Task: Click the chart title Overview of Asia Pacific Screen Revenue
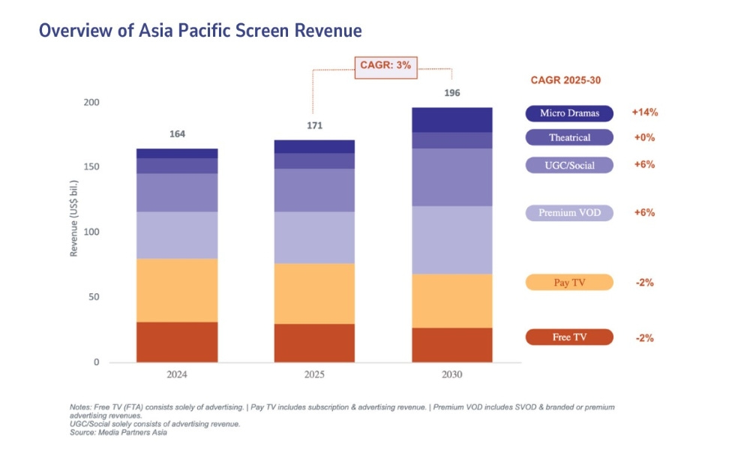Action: tap(200, 31)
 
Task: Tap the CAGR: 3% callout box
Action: tap(383, 65)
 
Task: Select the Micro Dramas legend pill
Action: tap(569, 113)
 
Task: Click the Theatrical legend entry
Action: tap(569, 137)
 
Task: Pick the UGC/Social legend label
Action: tap(569, 165)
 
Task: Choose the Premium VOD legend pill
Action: tap(569, 213)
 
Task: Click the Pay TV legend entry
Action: tap(569, 283)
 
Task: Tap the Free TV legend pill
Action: tap(569, 337)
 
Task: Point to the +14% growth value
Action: tap(644, 112)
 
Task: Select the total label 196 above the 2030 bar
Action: tap(451, 93)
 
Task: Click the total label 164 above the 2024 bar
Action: tap(177, 134)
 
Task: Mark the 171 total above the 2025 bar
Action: tap(314, 125)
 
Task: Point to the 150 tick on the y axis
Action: tap(91, 167)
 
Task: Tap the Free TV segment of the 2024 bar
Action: tap(177, 342)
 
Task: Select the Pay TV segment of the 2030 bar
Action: tap(451, 301)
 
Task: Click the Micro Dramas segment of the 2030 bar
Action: tap(451, 120)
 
